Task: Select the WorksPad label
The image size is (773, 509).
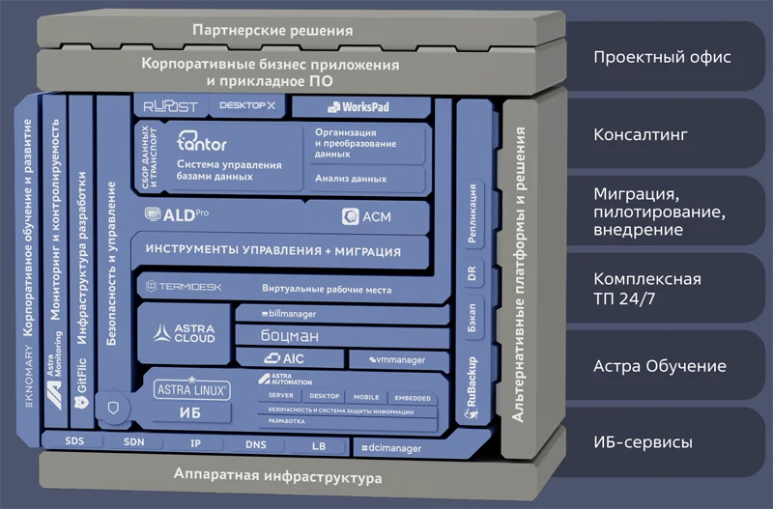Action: [358, 107]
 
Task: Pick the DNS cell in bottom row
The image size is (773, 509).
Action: [256, 445]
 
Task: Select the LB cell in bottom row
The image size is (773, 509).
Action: [319, 446]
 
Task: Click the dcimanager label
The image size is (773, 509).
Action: [390, 448]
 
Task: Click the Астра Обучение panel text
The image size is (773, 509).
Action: [659, 367]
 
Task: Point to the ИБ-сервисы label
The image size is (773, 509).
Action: [642, 443]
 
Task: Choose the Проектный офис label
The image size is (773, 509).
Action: [662, 57]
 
